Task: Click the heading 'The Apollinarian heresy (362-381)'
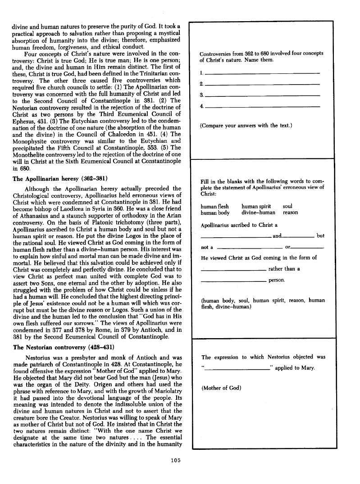[59, 178]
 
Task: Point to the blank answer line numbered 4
[262, 106]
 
